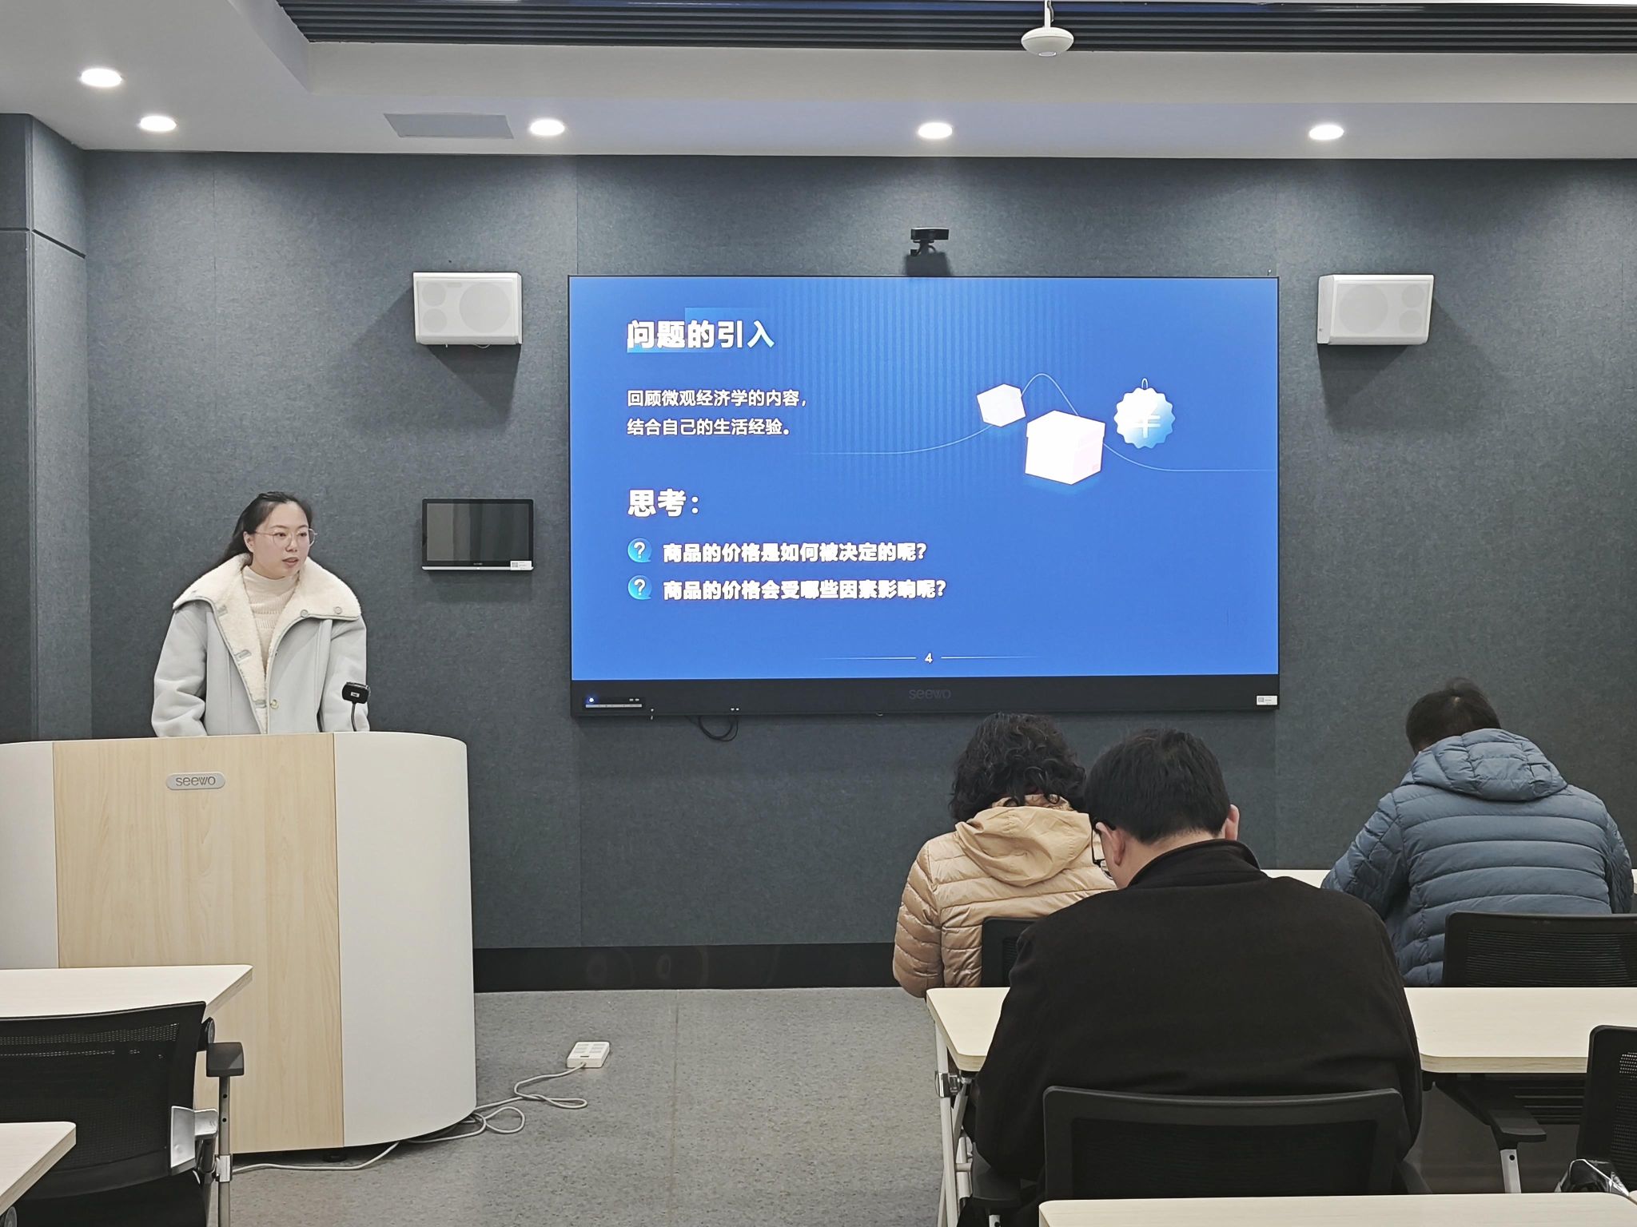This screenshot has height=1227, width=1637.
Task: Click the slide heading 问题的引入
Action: click(700, 335)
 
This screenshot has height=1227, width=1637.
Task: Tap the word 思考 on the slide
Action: click(656, 503)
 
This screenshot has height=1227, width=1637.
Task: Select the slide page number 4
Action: click(928, 658)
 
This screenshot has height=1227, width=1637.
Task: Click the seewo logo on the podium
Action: click(196, 781)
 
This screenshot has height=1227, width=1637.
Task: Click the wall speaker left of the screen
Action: click(467, 308)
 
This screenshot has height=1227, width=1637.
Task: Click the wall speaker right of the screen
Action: click(1375, 309)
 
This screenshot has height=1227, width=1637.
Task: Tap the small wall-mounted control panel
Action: click(477, 534)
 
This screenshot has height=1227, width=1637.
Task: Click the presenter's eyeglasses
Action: click(285, 538)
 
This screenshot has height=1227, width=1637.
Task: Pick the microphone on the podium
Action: click(355, 693)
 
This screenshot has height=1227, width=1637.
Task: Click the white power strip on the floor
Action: click(587, 1054)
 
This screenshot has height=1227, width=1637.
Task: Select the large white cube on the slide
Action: click(1064, 447)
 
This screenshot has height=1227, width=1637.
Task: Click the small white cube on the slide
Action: click(1000, 405)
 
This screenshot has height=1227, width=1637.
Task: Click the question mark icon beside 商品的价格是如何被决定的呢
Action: click(639, 550)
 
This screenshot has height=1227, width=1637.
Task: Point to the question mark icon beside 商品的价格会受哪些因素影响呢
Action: click(639, 588)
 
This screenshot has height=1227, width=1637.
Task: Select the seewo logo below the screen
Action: click(930, 694)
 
